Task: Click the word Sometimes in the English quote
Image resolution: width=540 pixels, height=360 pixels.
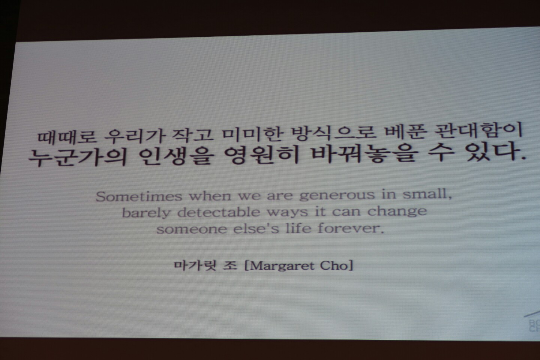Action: click(x=139, y=196)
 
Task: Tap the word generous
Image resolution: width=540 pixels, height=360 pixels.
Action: click(x=337, y=195)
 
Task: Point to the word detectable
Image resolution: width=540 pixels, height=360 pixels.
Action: click(x=219, y=212)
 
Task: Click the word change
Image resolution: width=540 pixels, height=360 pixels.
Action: click(x=397, y=211)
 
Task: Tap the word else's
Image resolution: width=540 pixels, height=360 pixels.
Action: click(x=256, y=228)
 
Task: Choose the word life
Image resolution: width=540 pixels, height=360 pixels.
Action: click(x=298, y=228)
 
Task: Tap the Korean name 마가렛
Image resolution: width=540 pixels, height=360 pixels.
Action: click(x=195, y=265)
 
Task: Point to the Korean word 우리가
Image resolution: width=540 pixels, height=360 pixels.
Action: click(x=135, y=135)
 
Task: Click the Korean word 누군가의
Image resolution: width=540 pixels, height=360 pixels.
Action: click(x=77, y=157)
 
